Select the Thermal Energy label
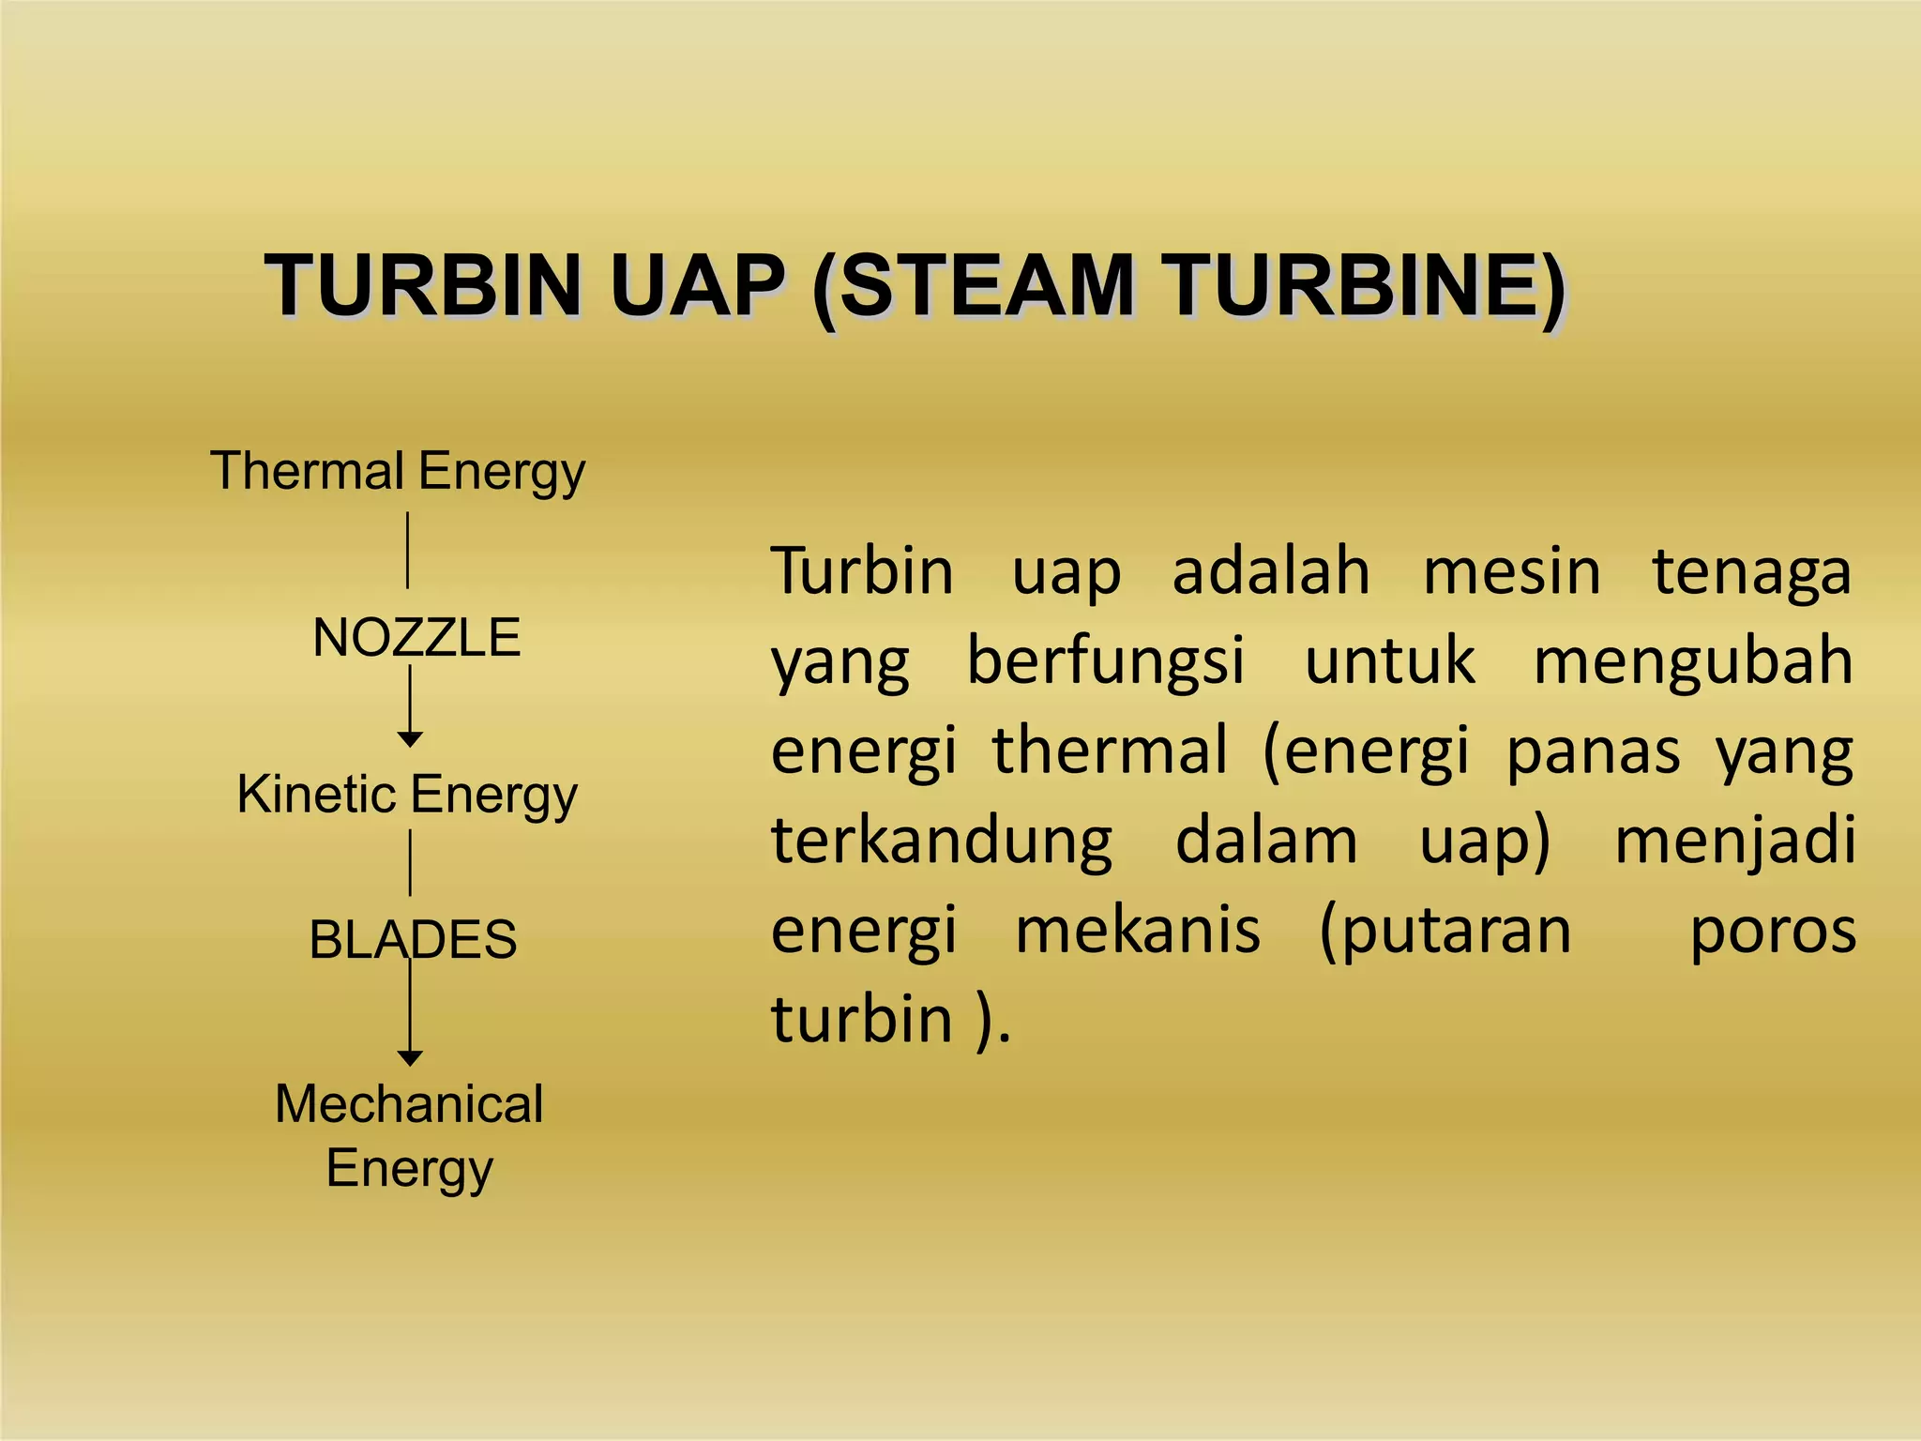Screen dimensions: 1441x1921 coord(398,471)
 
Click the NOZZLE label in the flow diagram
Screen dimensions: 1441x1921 coord(416,638)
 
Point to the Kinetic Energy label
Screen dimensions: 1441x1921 coord(407,795)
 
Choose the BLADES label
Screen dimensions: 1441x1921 coord(413,939)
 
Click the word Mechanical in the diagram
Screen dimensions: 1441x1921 coord(409,1104)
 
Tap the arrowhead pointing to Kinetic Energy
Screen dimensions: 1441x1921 coord(410,739)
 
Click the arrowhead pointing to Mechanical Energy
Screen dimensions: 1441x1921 coord(410,1058)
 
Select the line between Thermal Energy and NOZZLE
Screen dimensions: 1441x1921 coord(407,550)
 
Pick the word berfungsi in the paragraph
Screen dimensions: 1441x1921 coord(1105,660)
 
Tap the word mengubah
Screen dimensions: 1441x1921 coord(1693,660)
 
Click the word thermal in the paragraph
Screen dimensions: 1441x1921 coord(1110,751)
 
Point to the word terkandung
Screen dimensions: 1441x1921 coord(942,840)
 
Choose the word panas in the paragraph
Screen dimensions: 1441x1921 coord(1593,751)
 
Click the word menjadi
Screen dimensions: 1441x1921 coord(1734,840)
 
